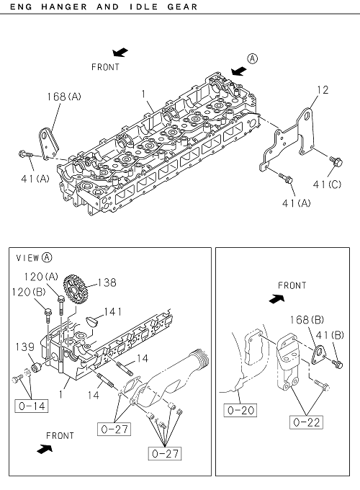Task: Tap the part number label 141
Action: (113, 311)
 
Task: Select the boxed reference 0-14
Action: (32, 406)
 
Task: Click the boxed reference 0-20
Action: (240, 410)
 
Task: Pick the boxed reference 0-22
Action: (306, 422)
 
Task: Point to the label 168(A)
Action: (63, 97)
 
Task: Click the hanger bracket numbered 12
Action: (287, 140)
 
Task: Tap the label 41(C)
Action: (327, 184)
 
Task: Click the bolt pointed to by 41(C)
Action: (336, 161)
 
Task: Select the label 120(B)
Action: (29, 292)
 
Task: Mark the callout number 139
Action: (24, 347)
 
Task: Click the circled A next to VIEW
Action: (47, 257)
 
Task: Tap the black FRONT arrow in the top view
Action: (120, 52)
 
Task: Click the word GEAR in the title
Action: (182, 6)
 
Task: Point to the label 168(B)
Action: (307, 320)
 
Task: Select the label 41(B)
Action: (330, 335)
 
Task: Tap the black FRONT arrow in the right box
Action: (277, 299)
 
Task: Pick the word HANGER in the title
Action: (64, 6)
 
